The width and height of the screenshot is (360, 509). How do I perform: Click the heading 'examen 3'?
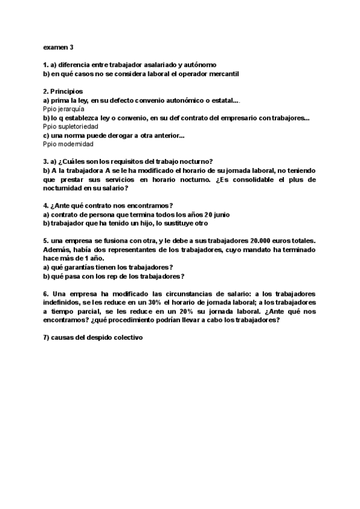pos(58,47)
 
